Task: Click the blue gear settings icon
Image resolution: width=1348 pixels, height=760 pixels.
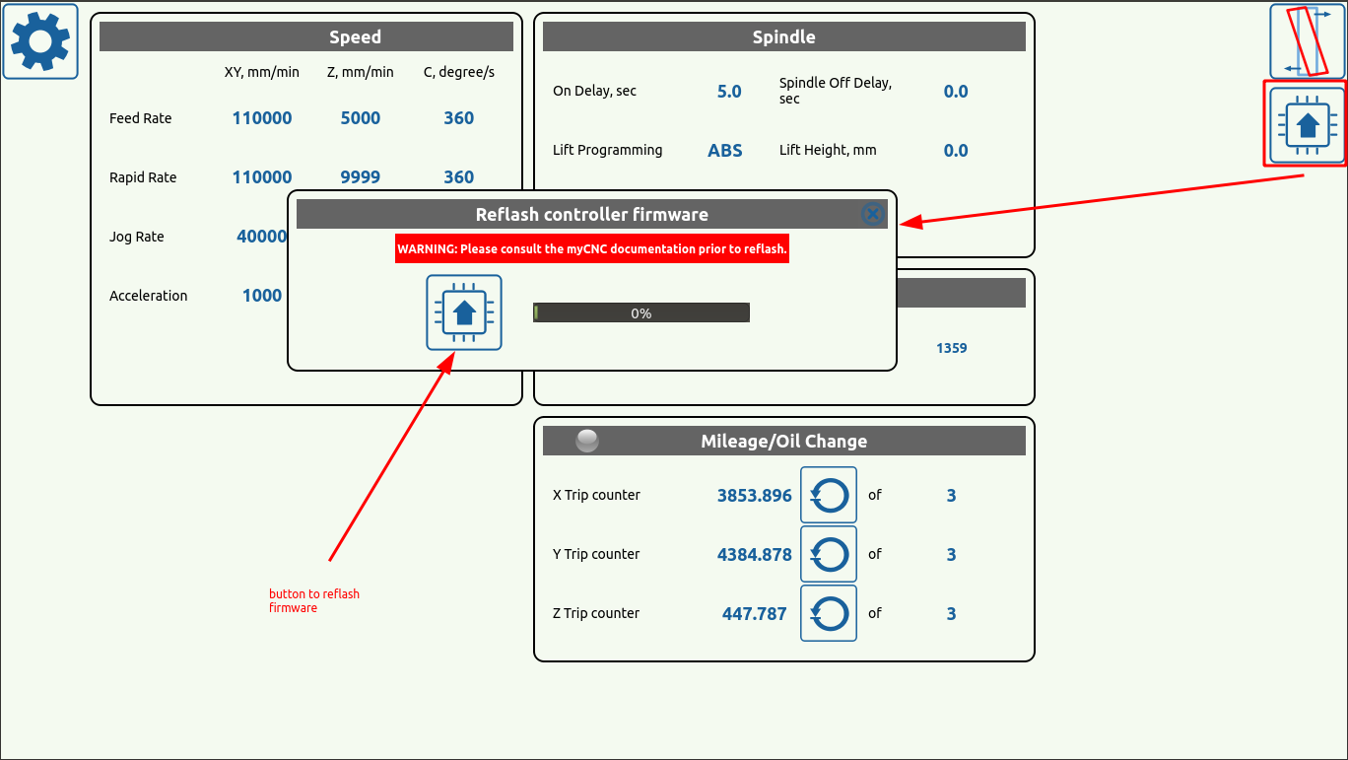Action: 40,41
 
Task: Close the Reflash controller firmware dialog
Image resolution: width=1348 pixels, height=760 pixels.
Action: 872,214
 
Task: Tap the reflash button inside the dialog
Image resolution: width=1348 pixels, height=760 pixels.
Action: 464,312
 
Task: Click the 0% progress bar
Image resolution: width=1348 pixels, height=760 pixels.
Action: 640,312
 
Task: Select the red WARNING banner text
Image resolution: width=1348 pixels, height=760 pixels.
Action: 592,248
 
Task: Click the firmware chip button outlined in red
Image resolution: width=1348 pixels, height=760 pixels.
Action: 1307,125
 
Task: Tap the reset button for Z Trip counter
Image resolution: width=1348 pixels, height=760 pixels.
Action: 828,613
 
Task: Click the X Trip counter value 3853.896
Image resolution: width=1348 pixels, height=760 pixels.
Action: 754,495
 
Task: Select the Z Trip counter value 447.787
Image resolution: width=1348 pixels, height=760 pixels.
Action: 754,614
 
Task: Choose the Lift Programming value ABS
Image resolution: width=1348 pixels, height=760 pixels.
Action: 724,150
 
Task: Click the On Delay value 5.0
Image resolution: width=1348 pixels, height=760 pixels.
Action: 729,92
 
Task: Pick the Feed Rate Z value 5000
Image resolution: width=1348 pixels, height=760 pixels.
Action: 360,118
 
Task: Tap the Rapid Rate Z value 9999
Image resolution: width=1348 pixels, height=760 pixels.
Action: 360,177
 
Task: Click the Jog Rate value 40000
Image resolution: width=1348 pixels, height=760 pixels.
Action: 262,236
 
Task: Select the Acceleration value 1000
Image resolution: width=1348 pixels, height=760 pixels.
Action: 262,295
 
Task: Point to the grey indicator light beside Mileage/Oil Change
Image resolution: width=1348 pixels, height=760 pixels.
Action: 586,441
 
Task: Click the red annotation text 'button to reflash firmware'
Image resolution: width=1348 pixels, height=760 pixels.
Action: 314,600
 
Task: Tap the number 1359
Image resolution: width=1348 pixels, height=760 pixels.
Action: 952,348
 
